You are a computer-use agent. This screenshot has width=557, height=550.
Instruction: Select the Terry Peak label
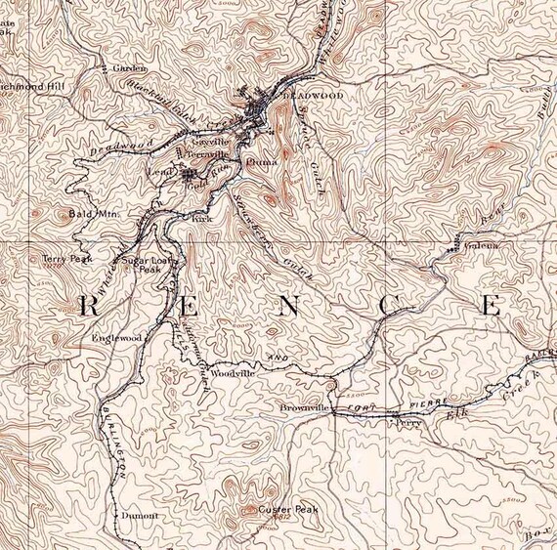[x=66, y=260]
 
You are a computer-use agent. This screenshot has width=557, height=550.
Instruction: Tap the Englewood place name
[x=116, y=338]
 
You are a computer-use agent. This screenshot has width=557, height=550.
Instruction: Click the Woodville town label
[x=232, y=372]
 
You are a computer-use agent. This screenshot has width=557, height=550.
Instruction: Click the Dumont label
[x=141, y=515]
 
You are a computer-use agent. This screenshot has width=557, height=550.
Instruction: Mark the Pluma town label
[x=259, y=161]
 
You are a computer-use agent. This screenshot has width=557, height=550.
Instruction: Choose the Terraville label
[x=208, y=155]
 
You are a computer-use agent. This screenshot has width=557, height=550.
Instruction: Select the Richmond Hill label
[x=30, y=86]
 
